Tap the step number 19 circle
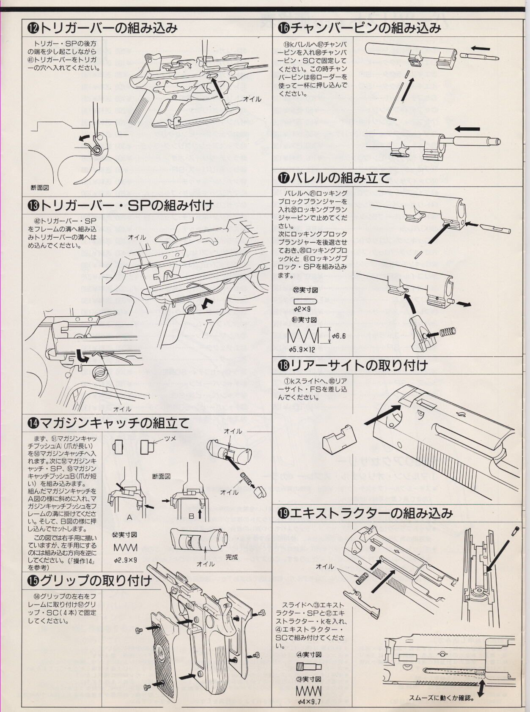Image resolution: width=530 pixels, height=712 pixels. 284,513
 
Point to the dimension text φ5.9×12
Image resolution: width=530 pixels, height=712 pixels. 302,350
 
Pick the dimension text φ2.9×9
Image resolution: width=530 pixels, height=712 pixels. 126,561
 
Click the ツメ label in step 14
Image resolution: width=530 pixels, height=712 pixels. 170,438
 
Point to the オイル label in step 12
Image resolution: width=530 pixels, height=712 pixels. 252,99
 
